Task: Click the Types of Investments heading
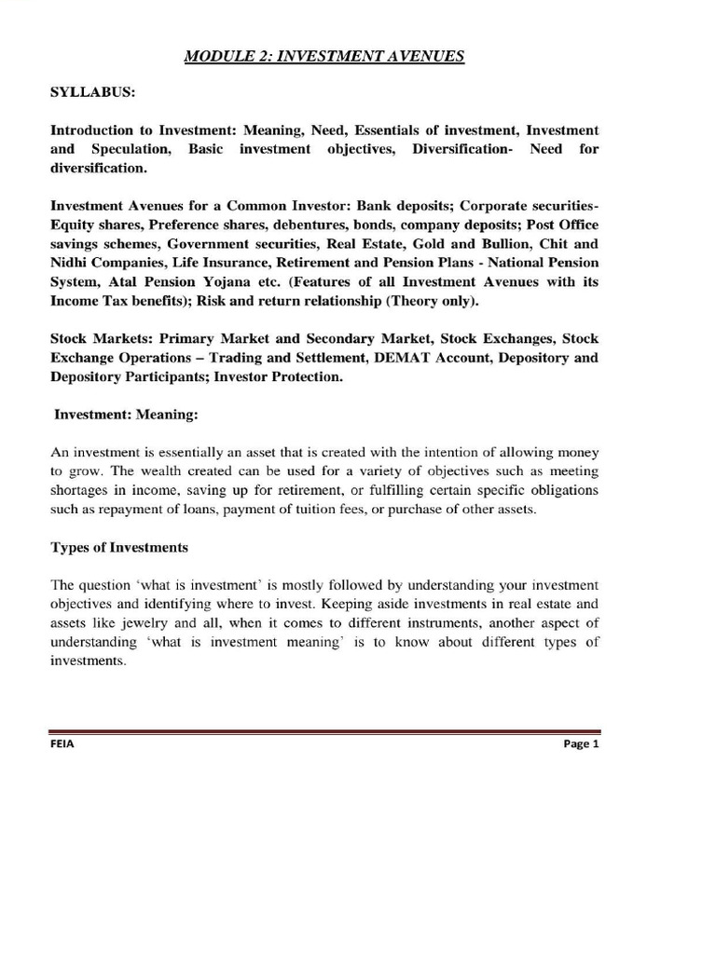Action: pyautogui.click(x=119, y=547)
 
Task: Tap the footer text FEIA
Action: pyautogui.click(x=62, y=756)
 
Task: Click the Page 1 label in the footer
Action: pyautogui.click(x=580, y=756)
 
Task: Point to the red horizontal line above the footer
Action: pyautogui.click(x=324, y=733)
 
